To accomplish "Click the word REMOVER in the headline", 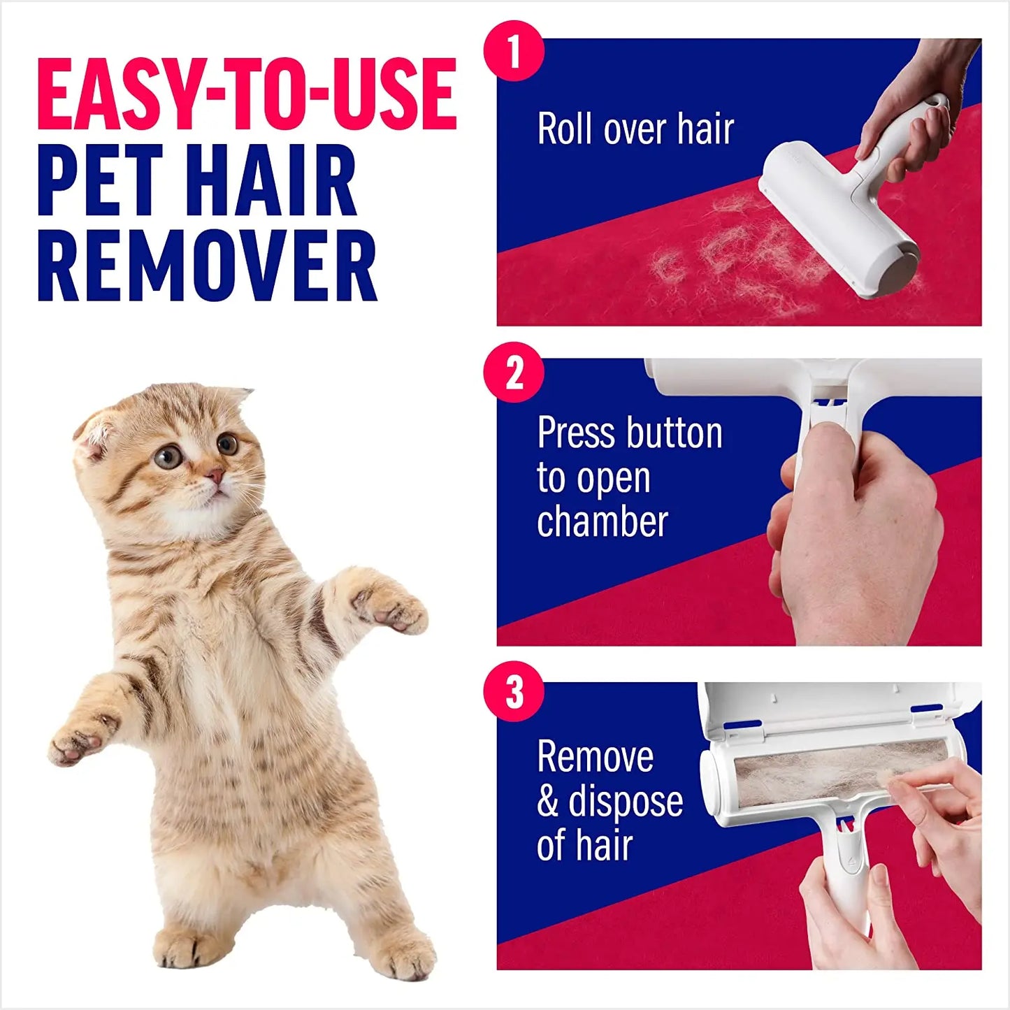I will (207, 266).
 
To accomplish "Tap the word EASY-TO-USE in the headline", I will (247, 94).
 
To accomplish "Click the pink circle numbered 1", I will (514, 51).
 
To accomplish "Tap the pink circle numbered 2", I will (514, 372).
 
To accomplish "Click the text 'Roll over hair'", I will (635, 129).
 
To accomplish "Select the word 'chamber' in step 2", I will (603, 522).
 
